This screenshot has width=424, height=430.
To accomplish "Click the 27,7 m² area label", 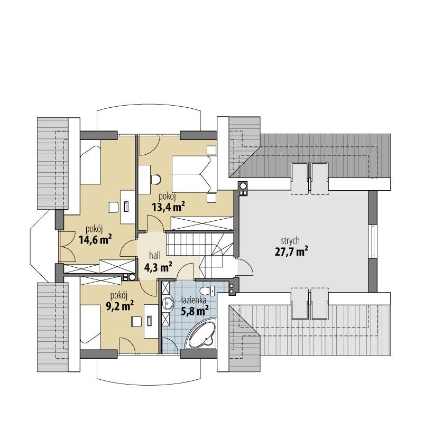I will tap(291, 251).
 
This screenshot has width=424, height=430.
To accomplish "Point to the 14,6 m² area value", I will tap(95, 240).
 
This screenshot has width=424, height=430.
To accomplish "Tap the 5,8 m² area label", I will tap(194, 309).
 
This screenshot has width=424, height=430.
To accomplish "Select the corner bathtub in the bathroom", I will tap(202, 333).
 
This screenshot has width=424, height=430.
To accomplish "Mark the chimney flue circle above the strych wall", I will tap(243, 186).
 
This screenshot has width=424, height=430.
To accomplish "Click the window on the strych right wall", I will tap(373, 241).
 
